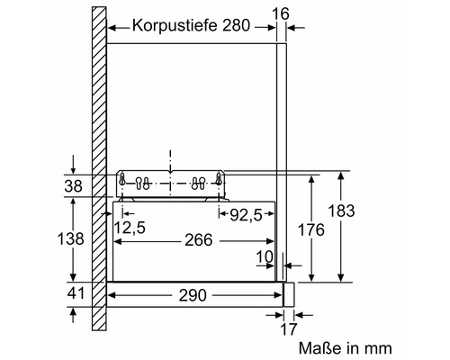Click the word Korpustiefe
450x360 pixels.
pyautogui.click(x=175, y=26)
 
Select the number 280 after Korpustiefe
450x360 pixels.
pyautogui.click(x=236, y=25)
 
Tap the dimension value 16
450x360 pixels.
pyautogui.click(x=281, y=13)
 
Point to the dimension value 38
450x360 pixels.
pyautogui.click(x=73, y=186)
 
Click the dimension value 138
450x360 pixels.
pyautogui.click(x=70, y=239)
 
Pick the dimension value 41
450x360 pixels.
pyautogui.click(x=76, y=293)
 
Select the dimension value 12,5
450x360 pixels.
pyautogui.click(x=130, y=228)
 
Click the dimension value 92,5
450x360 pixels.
pyautogui.click(x=246, y=215)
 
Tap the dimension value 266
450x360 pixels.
pyautogui.click(x=198, y=240)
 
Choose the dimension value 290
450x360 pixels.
pyautogui.click(x=193, y=295)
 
